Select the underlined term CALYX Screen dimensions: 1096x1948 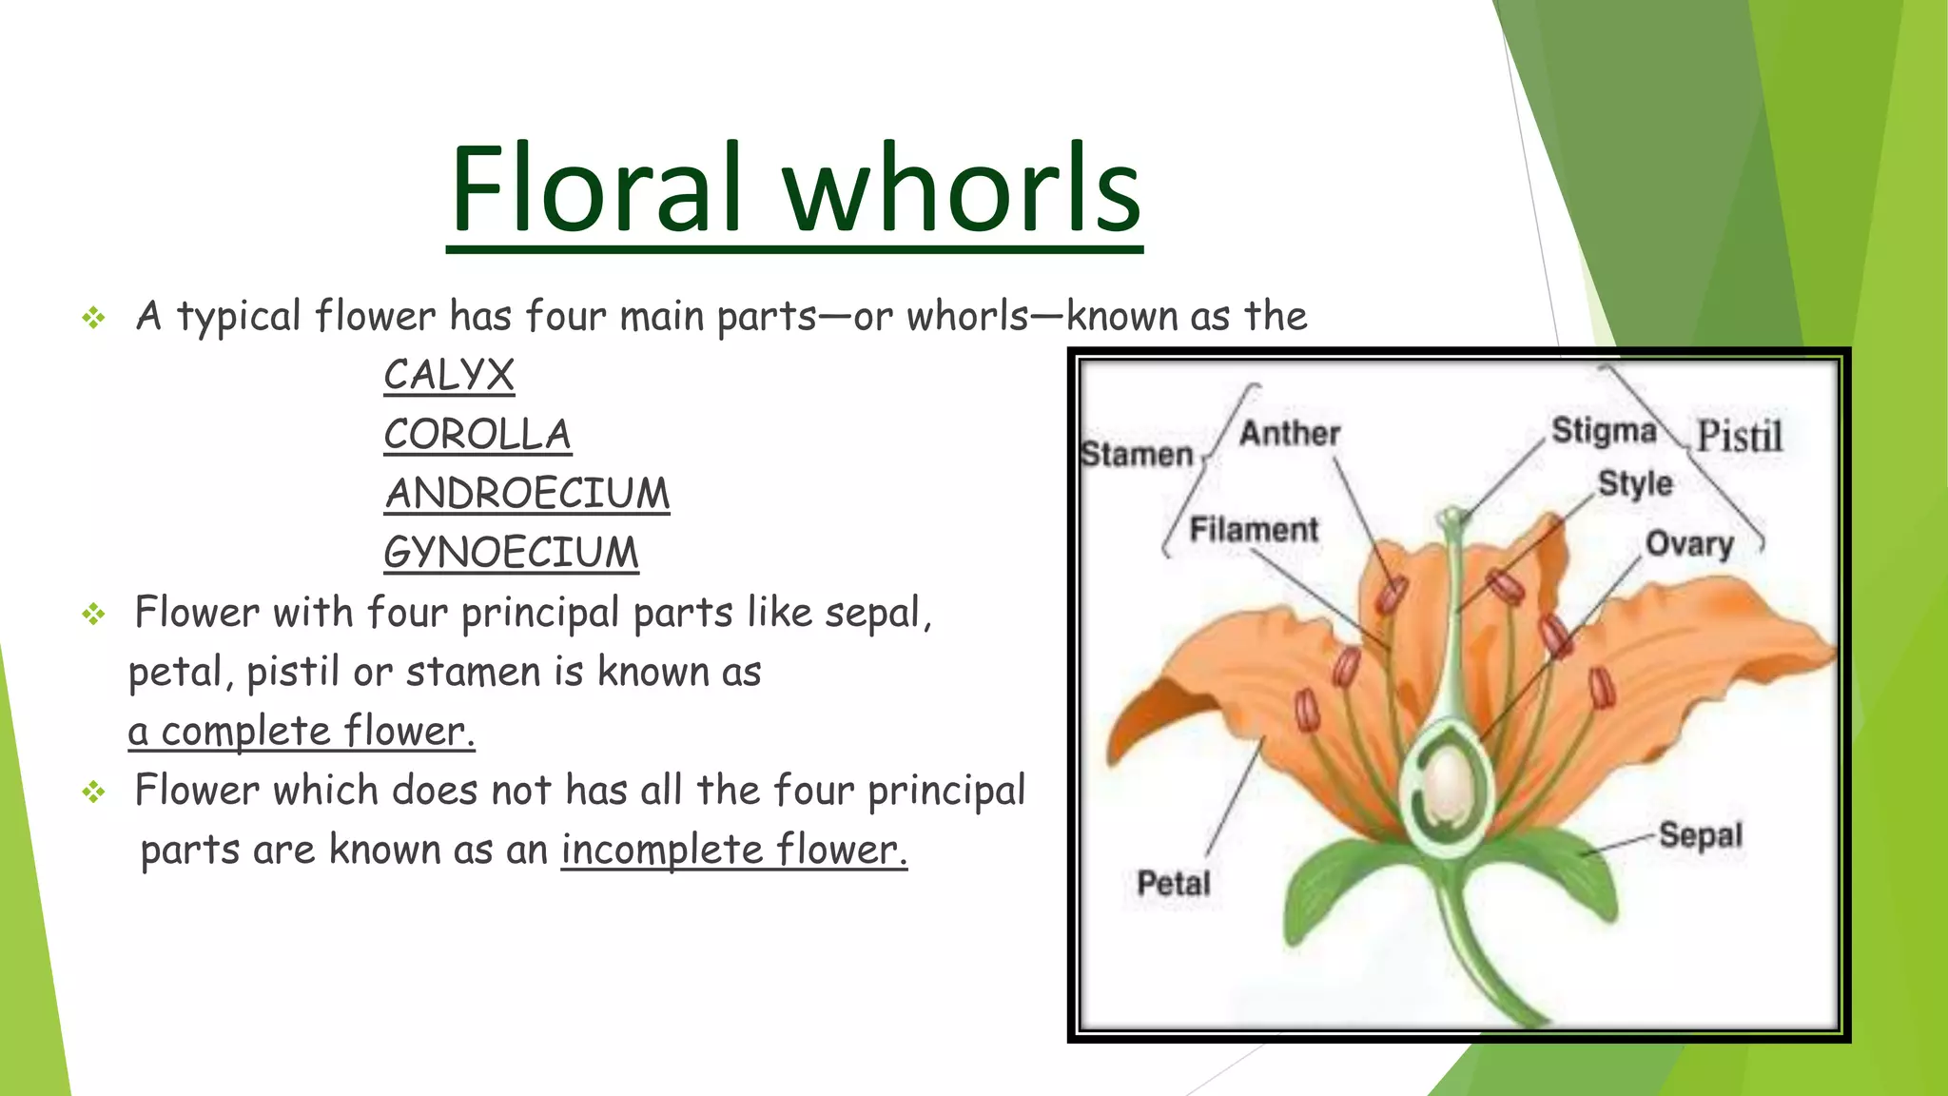(x=449, y=375)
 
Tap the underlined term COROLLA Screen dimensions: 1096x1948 (x=477, y=435)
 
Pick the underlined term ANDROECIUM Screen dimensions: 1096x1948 (x=527, y=494)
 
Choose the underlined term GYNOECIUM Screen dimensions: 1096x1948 (x=511, y=553)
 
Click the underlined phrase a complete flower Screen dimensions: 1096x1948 (x=302, y=732)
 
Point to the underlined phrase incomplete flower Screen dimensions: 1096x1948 (x=733, y=850)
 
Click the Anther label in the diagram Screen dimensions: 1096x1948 (x=1289, y=434)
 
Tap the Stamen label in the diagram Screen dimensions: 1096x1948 (x=1137, y=455)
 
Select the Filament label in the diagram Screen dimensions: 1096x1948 (x=1254, y=530)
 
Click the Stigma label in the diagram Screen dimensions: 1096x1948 (x=1604, y=431)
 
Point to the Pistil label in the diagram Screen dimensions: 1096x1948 (x=1739, y=437)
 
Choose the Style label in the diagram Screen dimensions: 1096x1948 (x=1634, y=483)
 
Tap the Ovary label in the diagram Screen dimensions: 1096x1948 (x=1689, y=544)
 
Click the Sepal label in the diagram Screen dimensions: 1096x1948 (x=1700, y=835)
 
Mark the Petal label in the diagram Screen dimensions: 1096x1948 (x=1174, y=884)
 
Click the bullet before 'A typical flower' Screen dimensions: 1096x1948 (x=93, y=318)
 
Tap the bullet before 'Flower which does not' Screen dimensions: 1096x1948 (x=93, y=792)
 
